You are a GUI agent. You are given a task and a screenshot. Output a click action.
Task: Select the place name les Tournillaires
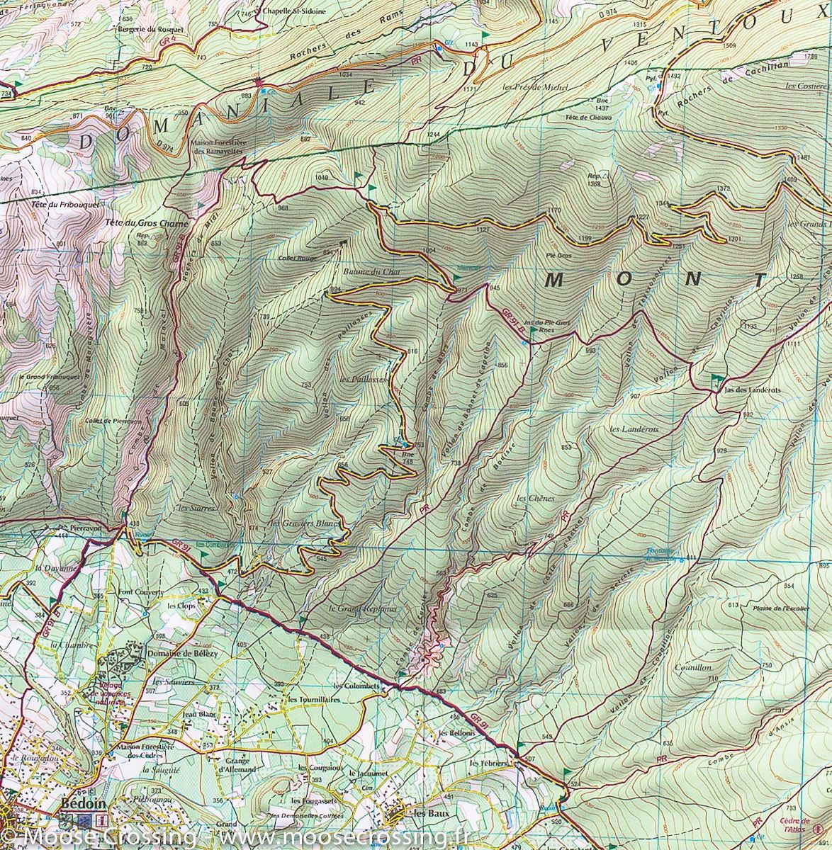(314, 699)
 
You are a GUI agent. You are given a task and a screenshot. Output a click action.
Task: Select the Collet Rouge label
(298, 258)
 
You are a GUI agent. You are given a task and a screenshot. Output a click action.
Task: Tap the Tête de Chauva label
(588, 118)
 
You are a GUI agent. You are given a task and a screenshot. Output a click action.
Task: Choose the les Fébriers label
(489, 764)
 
